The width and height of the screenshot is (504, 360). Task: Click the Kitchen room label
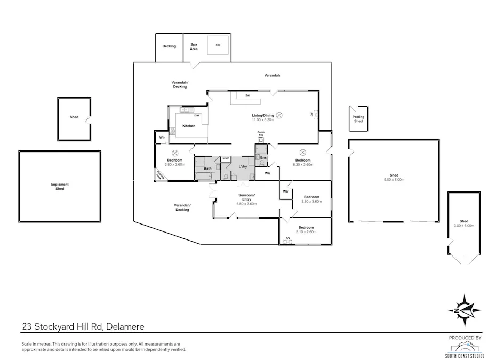189,126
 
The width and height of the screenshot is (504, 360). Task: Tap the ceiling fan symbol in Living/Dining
278,115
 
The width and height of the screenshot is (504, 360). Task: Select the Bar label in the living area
247,95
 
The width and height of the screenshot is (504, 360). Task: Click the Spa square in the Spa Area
218,45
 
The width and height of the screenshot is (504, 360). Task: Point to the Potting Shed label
358,119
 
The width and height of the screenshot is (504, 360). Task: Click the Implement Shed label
60,187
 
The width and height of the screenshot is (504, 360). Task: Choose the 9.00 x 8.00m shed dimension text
394,180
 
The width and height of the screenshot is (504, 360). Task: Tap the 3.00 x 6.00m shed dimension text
463,226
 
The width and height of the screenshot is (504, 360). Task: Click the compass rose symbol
465,310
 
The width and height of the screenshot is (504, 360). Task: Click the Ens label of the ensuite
263,158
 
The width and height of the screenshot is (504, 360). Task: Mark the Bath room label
207,168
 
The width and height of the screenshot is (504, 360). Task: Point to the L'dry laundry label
242,167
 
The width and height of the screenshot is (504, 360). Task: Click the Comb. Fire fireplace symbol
261,140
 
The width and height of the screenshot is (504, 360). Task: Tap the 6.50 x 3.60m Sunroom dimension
247,204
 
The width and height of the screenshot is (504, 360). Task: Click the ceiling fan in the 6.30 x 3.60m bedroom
302,151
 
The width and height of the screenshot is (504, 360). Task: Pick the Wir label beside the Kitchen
162,138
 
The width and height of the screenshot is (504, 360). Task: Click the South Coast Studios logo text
465,355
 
